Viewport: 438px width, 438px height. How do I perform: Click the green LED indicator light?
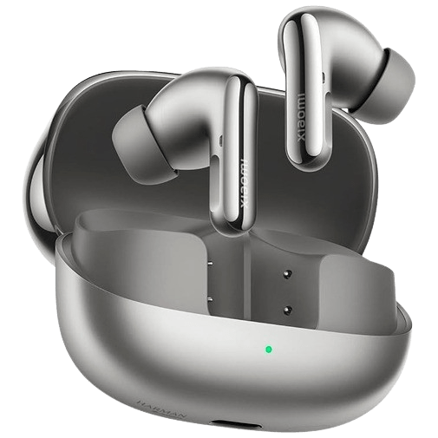tap(269, 350)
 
